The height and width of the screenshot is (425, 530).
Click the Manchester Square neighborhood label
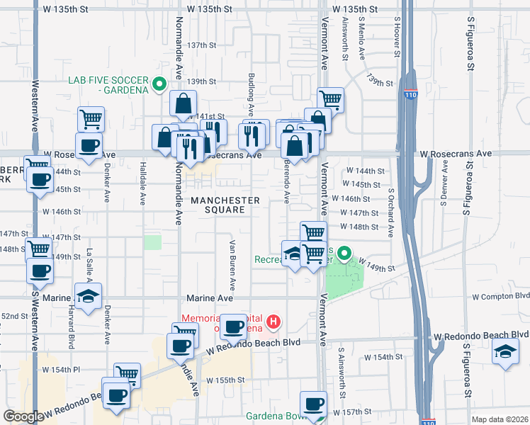(x=224, y=205)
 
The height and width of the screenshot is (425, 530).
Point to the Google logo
(x=23, y=416)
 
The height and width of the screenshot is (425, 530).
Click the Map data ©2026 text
(x=500, y=419)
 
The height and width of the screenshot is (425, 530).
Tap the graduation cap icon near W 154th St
(x=504, y=351)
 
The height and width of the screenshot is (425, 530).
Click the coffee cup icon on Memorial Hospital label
(x=233, y=327)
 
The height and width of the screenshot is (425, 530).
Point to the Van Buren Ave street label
(x=232, y=259)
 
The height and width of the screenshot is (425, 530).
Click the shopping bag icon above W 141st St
(x=183, y=103)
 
